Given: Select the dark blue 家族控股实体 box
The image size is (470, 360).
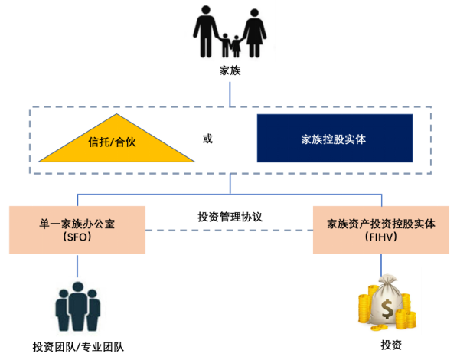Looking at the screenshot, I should point(335,138).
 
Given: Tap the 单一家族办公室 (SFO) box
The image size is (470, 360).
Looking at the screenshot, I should point(77,229).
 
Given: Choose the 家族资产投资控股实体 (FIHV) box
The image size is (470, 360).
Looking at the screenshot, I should point(380,229).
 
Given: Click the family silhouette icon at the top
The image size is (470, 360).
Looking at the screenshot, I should point(230,31).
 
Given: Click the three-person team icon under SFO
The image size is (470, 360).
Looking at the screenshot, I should point(77,306).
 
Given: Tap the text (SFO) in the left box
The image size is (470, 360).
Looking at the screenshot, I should point(77,237).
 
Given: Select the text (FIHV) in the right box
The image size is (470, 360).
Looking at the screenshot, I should point(380,237).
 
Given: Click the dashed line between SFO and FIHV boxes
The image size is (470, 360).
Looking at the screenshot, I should point(229,230).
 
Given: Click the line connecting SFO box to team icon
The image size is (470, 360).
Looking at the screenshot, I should point(77,263).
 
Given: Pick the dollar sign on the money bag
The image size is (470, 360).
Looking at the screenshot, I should point(387,309).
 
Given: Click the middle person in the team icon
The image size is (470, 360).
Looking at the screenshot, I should point(77,304).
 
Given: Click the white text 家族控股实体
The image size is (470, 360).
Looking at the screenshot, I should point(335,139).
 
